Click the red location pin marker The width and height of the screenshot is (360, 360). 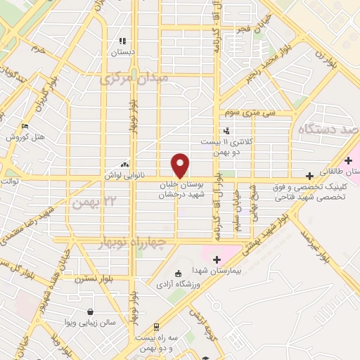tap(181, 165)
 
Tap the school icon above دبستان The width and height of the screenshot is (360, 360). tap(122, 41)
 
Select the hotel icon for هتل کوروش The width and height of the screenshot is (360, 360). tap(26, 127)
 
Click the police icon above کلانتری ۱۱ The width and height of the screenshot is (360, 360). tap(226, 130)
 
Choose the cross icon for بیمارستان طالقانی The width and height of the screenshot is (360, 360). tap(348, 161)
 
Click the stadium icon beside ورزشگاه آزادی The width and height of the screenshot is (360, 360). tap(177, 273)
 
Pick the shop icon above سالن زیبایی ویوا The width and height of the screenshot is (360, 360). tap(91, 311)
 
